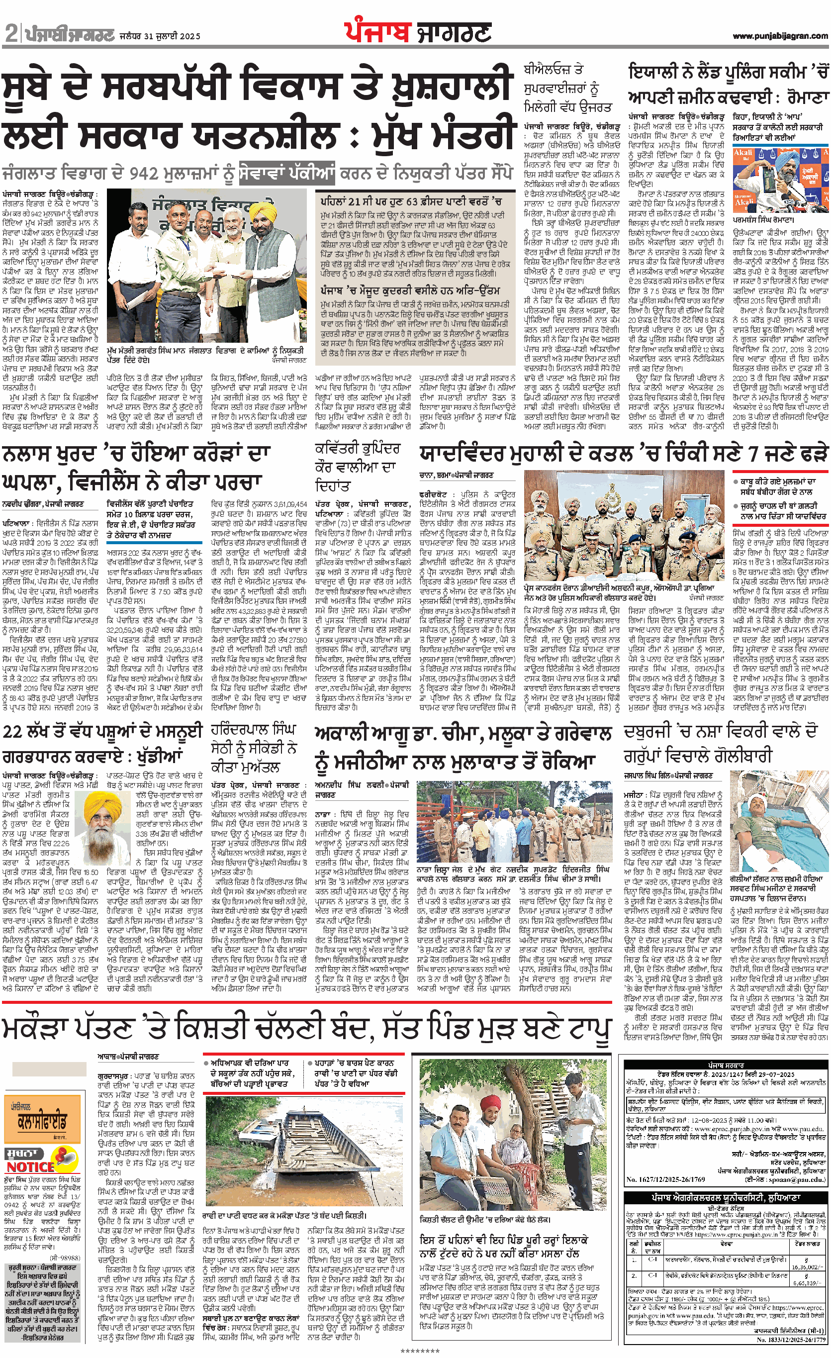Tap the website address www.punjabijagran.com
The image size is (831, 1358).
click(x=780, y=36)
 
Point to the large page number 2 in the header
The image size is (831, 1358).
click(x=11, y=34)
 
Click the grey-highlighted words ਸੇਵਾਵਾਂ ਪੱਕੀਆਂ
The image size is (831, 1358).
click(x=287, y=174)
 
